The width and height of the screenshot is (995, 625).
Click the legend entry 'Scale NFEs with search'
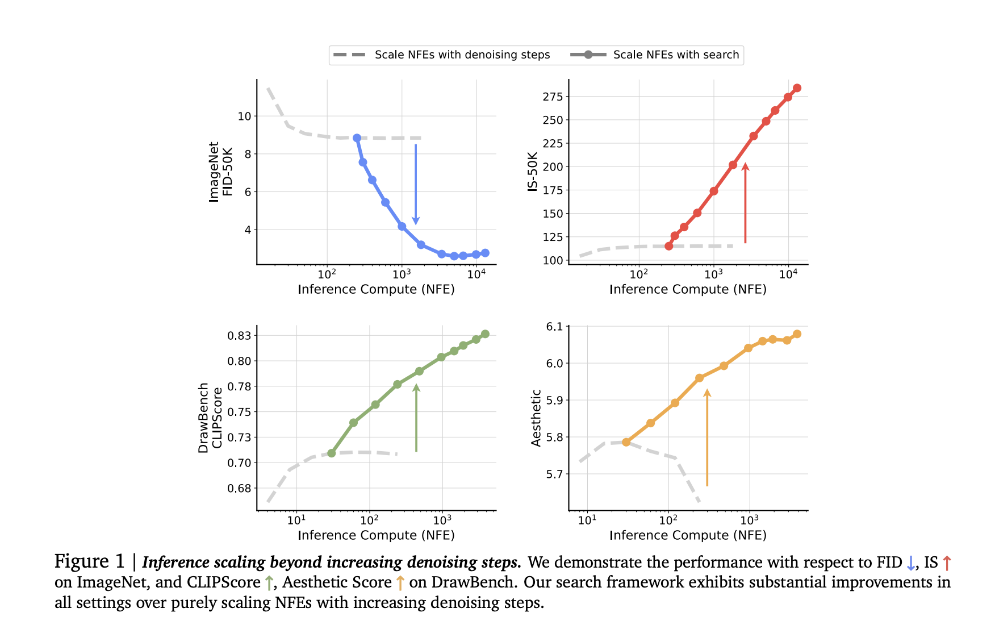[x=654, y=55]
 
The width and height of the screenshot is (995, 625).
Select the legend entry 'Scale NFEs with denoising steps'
[x=441, y=55]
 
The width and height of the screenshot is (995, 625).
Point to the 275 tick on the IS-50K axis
[x=553, y=97]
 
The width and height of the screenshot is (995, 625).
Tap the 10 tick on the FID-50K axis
[x=244, y=116]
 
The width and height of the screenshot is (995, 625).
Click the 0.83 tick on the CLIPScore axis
[x=239, y=336]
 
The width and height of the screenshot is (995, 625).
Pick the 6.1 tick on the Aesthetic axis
[x=554, y=327]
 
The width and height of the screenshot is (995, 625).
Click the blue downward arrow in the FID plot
[x=416, y=185]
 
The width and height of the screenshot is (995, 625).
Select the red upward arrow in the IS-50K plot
[x=745, y=203]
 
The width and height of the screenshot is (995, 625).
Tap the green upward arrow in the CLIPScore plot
[x=416, y=418]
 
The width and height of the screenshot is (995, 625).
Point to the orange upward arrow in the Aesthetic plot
[x=707, y=438]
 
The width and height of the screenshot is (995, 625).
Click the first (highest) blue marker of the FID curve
[x=357, y=138]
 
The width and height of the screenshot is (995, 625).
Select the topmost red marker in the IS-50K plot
[x=797, y=88]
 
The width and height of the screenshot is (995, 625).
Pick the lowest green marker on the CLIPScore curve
[x=332, y=453]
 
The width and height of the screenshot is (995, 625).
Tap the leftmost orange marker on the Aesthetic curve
[x=626, y=442]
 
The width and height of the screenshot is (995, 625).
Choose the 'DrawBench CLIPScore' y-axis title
[x=210, y=418]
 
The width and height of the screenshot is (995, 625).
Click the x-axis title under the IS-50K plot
[x=688, y=289]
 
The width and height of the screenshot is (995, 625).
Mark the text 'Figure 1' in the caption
[x=89, y=561]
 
